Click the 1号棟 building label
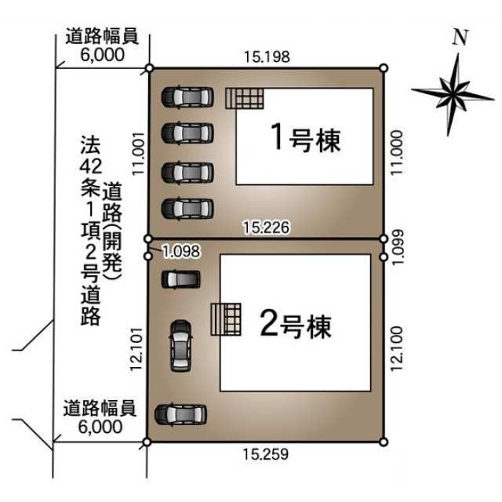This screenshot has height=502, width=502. click(306, 140)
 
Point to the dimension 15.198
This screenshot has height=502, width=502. click(267, 57)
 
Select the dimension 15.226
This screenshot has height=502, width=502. click(267, 227)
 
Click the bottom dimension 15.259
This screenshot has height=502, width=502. click(266, 454)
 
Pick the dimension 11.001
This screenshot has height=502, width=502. click(139, 154)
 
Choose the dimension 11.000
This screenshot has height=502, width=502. click(397, 152)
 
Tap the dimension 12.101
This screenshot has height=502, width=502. click(136, 348)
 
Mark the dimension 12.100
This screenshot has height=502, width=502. click(396, 348)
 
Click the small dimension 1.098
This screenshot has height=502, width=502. click(181, 251)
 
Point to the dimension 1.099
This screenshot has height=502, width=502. click(398, 247)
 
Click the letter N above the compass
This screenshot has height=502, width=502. click(460, 37)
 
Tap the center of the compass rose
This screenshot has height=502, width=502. click(453, 93)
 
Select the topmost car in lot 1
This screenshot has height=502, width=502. click(187, 96)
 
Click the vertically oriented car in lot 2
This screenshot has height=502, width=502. click(181, 346)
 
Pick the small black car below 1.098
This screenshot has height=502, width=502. click(181, 279)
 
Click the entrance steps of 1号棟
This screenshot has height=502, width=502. click(245, 99)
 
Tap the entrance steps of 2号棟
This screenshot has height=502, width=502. click(226, 319)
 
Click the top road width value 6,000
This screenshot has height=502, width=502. click(103, 55)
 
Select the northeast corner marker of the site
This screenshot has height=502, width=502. click(384, 68)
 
